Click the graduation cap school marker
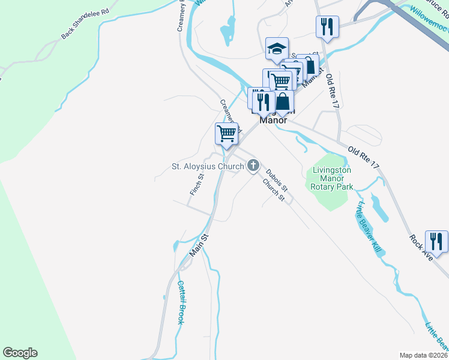click(277, 49)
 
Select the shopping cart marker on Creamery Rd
click(227, 133)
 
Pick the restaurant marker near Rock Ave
click(436, 241)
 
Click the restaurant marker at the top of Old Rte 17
click(327, 26)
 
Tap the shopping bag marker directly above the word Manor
click(283, 101)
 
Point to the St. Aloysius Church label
click(208, 166)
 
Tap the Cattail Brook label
click(180, 302)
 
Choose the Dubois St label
click(277, 176)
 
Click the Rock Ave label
click(421, 246)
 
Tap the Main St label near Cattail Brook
click(199, 246)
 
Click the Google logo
click(20, 353)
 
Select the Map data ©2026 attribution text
click(423, 355)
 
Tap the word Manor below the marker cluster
click(273, 119)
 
